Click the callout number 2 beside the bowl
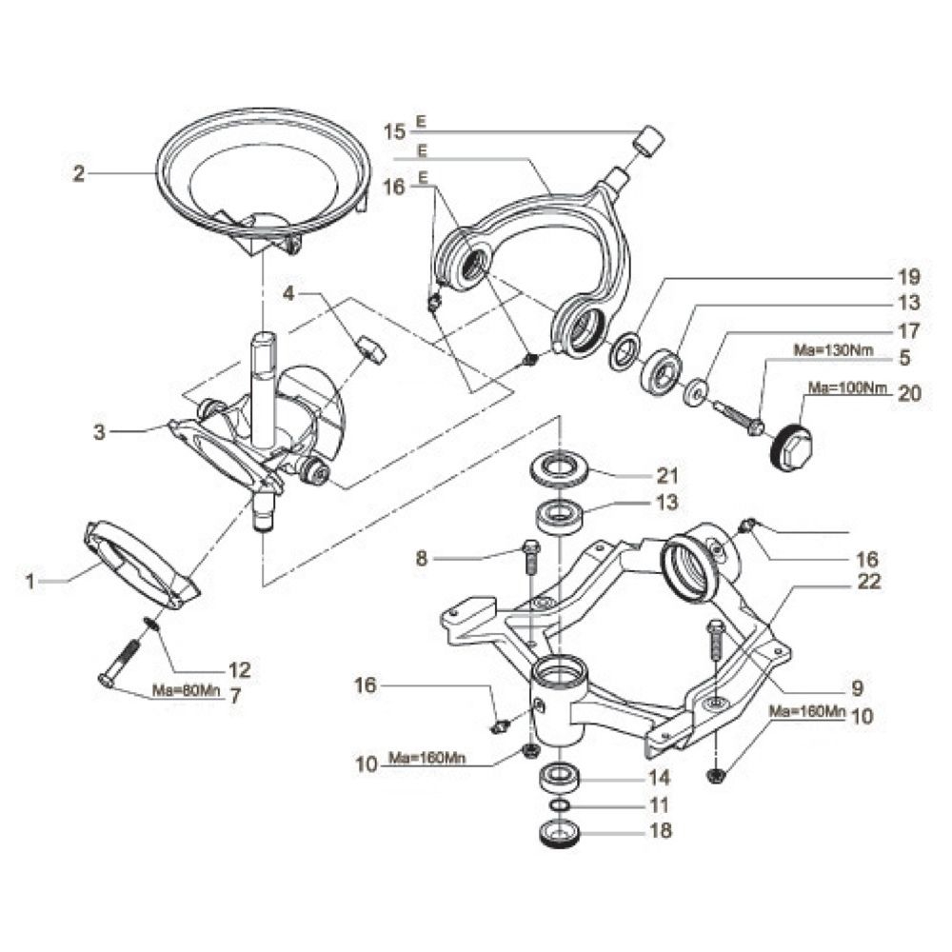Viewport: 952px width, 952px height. pyautogui.click(x=79, y=173)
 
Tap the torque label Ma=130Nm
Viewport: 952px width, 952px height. pyautogui.click(x=834, y=350)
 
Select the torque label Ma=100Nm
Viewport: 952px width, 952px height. pyautogui.click(x=847, y=387)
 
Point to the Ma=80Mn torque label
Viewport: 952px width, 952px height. pyautogui.click(x=187, y=690)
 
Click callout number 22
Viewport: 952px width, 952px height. pyautogui.click(x=868, y=581)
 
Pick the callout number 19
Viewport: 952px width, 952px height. pyautogui.click(x=909, y=277)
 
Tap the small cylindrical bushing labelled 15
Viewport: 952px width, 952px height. pyautogui.click(x=649, y=142)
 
